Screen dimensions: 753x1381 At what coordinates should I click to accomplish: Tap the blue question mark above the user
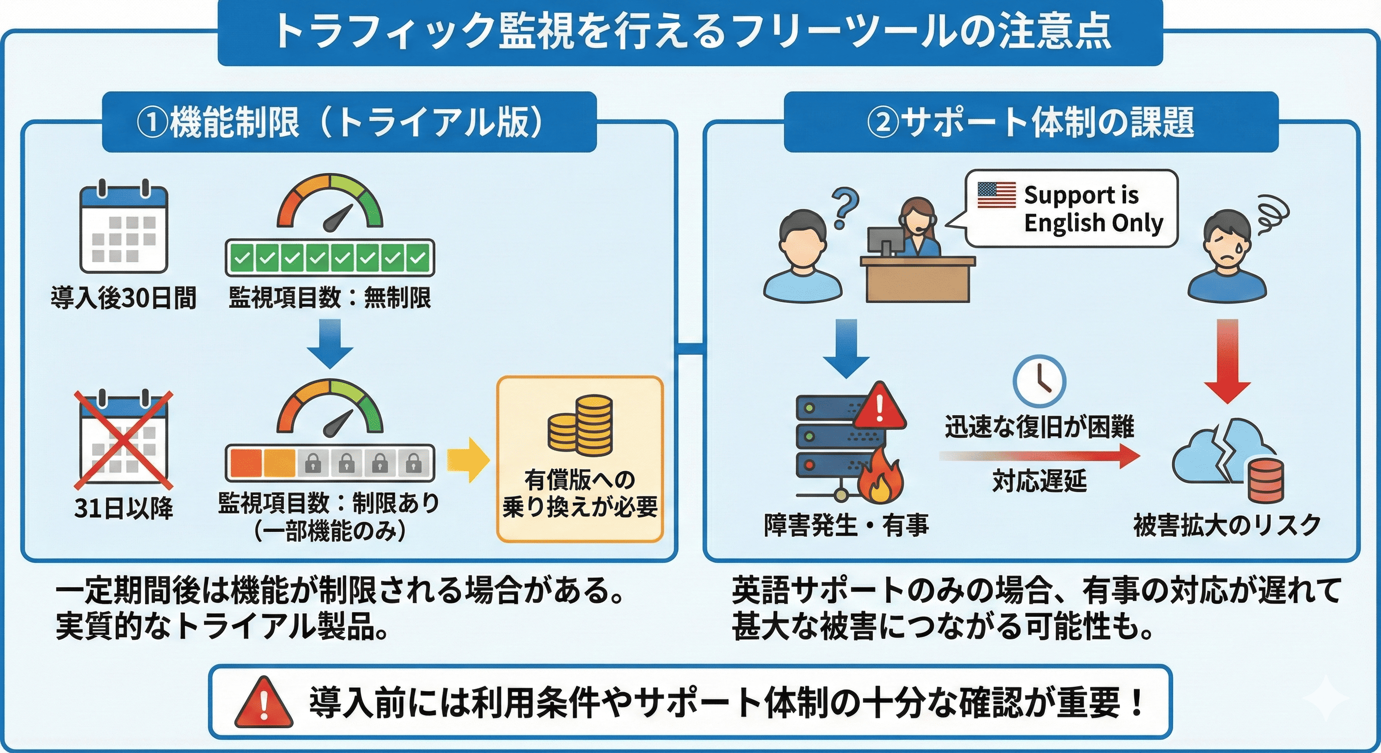point(845,209)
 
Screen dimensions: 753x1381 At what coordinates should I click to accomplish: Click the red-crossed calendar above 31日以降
point(123,441)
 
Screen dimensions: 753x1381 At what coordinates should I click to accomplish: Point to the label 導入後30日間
point(123,298)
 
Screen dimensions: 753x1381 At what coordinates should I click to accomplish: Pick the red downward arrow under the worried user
point(1227,362)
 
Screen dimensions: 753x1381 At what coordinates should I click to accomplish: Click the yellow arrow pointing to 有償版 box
point(468,460)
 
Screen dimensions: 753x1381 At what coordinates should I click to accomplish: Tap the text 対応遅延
point(1039,481)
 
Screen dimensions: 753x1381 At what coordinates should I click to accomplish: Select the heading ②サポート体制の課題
point(1030,122)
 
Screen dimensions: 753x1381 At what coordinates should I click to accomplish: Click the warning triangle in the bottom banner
point(264,703)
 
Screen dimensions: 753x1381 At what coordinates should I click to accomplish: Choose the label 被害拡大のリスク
point(1227,525)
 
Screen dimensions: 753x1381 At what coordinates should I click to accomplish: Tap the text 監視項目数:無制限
point(330,298)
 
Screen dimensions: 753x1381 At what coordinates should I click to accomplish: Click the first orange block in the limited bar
point(246,462)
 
